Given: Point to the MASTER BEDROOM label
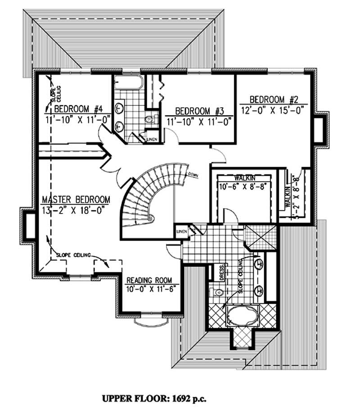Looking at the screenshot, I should point(76,200).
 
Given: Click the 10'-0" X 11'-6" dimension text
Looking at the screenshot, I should point(151,289).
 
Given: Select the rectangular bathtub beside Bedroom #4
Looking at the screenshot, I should point(128,84).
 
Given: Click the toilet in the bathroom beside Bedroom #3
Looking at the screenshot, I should point(149,120).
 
